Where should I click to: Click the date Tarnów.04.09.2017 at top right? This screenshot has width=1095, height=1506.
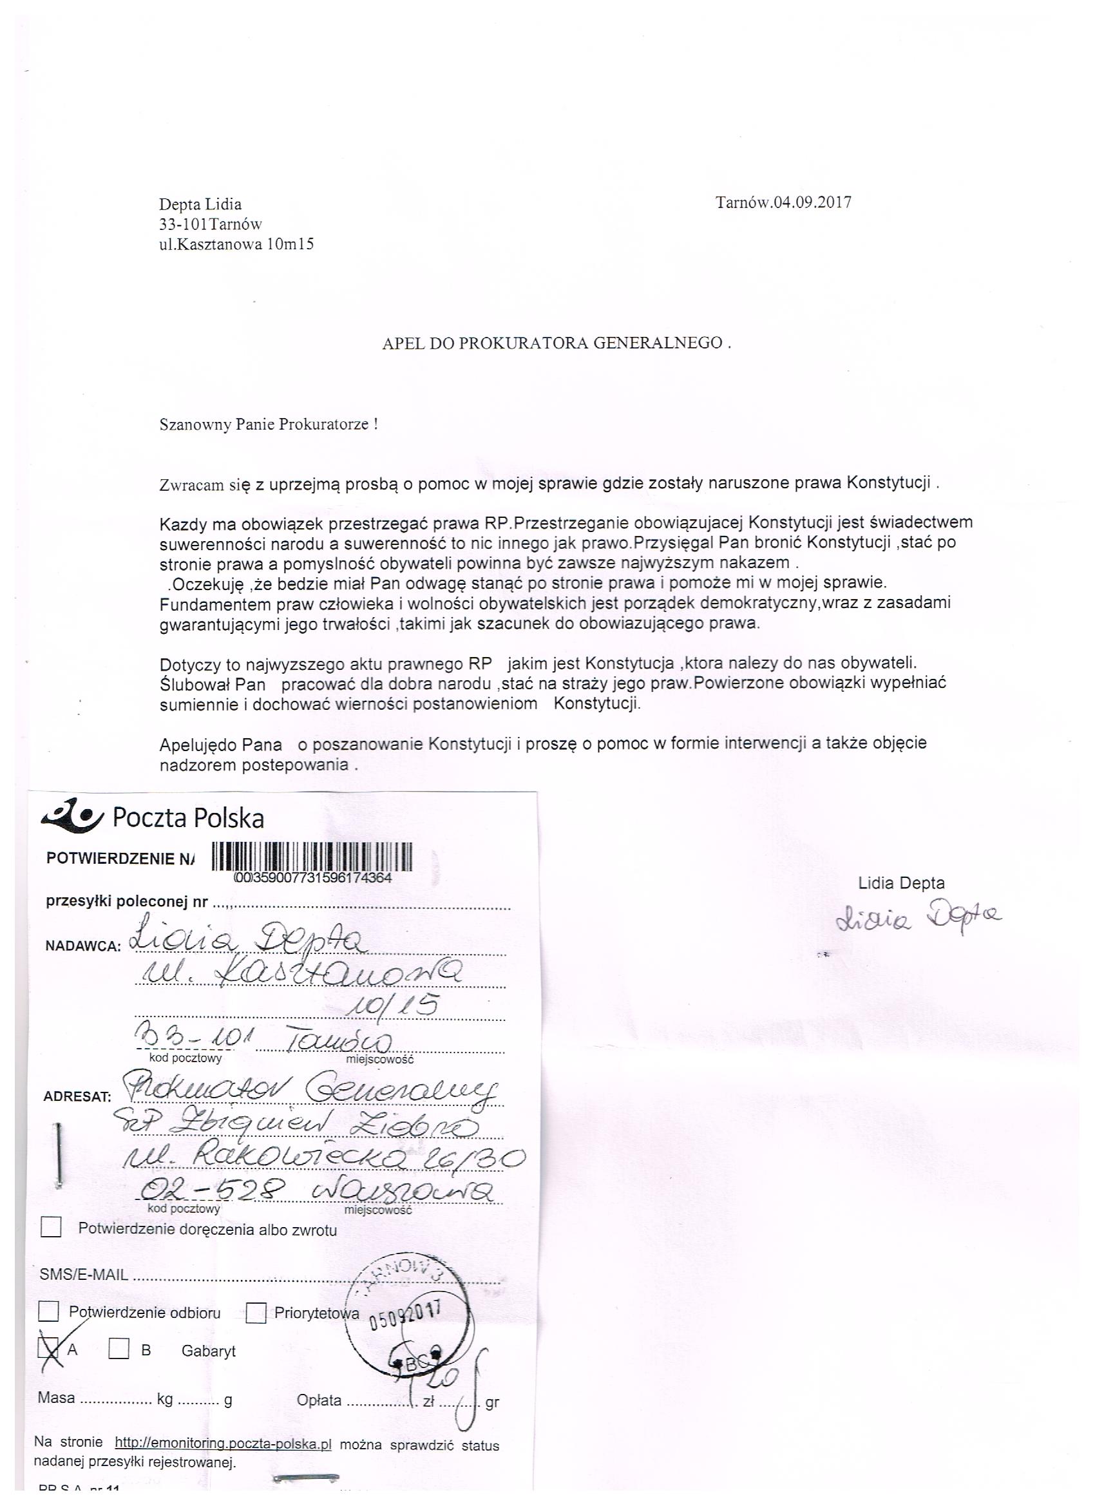pos(783,202)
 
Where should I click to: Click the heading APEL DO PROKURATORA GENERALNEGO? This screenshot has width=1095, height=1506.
pos(556,343)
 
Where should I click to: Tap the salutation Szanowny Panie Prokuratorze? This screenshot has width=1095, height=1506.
pos(268,424)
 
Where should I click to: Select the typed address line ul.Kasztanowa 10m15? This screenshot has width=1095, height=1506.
pos(236,244)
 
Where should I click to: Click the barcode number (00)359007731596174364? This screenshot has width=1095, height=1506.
pos(313,878)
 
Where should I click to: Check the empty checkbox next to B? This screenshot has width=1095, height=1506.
pos(119,1348)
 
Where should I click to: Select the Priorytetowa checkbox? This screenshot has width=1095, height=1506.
pos(256,1313)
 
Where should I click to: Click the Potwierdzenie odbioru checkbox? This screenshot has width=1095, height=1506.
pos(48,1311)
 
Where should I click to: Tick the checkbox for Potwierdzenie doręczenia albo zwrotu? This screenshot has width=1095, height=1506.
pos(51,1228)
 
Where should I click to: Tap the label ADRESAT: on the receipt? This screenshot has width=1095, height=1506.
pos(77,1096)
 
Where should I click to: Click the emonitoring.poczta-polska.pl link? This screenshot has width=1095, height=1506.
pos(223,1444)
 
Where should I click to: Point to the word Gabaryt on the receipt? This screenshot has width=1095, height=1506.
pos(209,1351)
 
